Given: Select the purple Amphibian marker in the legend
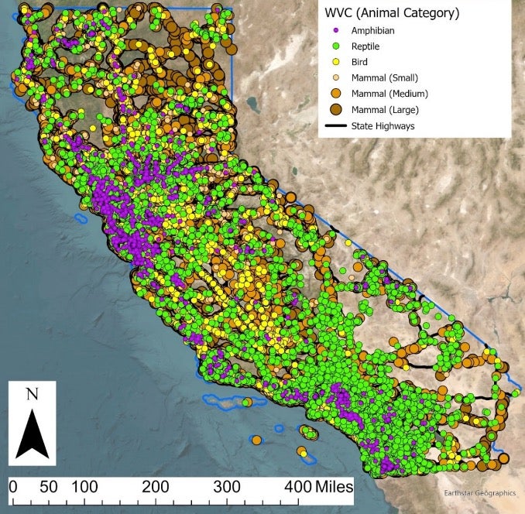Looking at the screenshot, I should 335,31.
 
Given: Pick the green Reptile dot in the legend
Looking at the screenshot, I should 335,46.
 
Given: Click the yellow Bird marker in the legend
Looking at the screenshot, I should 335,62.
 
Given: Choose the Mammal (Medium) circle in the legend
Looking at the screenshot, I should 335,93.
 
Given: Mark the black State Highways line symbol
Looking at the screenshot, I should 335,125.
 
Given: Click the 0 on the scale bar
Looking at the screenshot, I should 13,488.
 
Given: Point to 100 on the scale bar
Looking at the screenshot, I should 87,488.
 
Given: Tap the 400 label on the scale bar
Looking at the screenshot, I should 297,488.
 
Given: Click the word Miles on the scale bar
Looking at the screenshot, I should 334,488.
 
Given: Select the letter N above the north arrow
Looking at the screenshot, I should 33,394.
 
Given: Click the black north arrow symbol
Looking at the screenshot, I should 33,433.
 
